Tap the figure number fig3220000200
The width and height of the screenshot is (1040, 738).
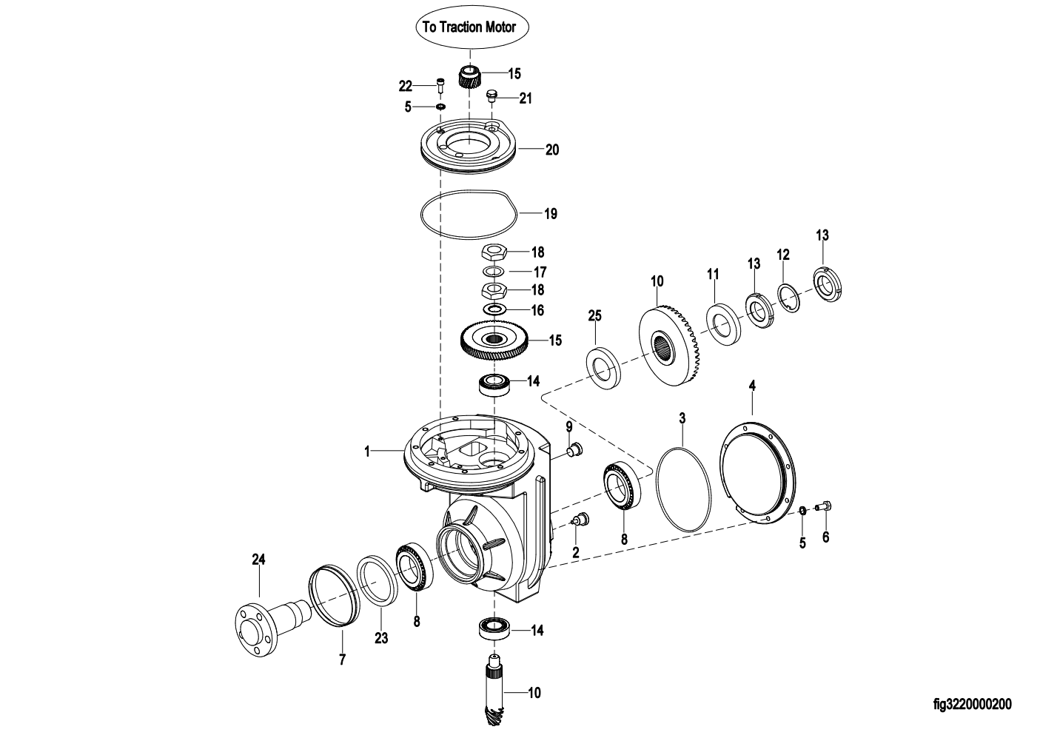972,704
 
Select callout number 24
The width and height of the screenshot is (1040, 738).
258,560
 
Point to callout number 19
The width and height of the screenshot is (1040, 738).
551,214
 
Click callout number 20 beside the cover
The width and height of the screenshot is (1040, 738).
552,150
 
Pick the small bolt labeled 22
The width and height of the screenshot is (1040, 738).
115,87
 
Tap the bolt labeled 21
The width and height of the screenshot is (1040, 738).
492,97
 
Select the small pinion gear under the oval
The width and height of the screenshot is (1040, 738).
469,76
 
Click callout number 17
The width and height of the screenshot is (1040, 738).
540,272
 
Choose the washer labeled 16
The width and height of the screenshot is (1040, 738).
494,309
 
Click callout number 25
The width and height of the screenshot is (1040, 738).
594,315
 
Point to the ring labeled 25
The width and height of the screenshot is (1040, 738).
604,368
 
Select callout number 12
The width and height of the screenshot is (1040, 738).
783,255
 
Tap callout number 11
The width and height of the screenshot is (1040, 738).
713,275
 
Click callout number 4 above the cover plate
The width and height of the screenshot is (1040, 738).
752,385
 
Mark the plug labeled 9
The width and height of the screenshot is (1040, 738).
575,449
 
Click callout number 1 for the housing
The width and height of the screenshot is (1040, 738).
367,451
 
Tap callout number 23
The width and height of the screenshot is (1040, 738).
381,638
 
